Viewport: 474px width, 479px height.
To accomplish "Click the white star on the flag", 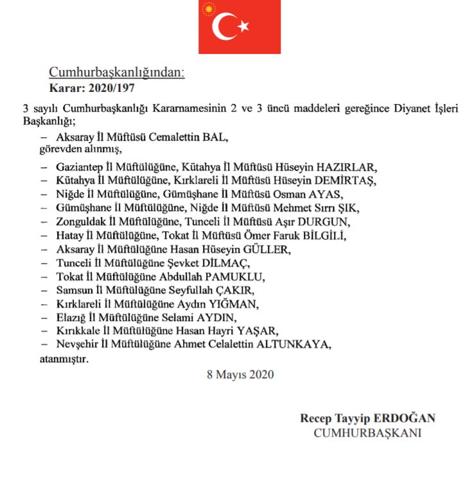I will point(243,26).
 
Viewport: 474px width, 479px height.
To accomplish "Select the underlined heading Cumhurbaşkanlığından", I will point(117,73).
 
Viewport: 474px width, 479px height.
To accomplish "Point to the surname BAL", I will point(217,137).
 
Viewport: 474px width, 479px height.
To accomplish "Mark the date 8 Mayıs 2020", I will point(240,374).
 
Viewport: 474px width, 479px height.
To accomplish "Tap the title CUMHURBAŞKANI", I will point(367,433).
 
